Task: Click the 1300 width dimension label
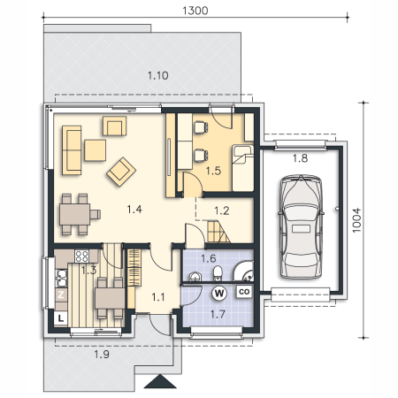click(195, 11)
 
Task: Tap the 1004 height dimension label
click(356, 220)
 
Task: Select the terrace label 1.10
click(158, 75)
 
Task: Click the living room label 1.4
click(134, 210)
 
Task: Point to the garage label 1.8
click(300, 158)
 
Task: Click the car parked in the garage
click(301, 226)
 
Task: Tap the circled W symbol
click(219, 294)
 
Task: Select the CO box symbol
click(244, 292)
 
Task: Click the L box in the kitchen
click(61, 318)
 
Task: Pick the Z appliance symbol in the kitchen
click(61, 295)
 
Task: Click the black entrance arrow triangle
click(160, 381)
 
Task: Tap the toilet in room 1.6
click(218, 273)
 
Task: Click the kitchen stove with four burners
click(81, 256)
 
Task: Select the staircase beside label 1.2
click(218, 232)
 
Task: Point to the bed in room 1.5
click(242, 168)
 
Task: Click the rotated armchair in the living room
click(121, 172)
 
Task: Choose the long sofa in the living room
click(72, 150)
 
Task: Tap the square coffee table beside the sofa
click(95, 150)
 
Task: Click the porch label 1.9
click(102, 355)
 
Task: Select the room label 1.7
click(218, 315)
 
